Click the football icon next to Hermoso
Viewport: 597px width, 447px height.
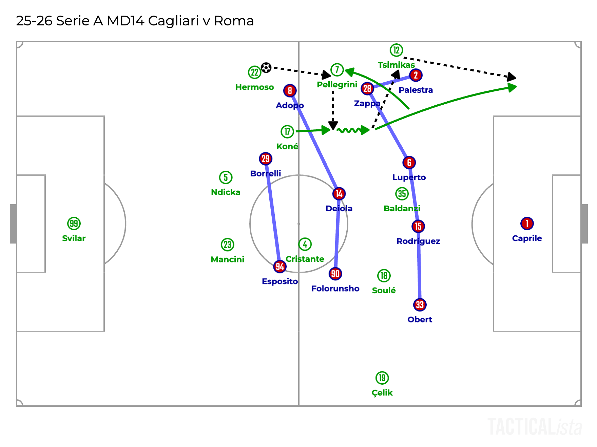pyautogui.click(x=266, y=68)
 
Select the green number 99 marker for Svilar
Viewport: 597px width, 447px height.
pyautogui.click(x=74, y=223)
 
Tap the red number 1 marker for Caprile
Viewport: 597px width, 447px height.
pyautogui.click(x=527, y=223)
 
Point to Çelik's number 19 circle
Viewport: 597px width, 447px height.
pyautogui.click(x=382, y=378)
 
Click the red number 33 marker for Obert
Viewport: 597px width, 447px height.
pyautogui.click(x=420, y=305)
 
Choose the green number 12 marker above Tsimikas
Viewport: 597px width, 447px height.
pyautogui.click(x=396, y=50)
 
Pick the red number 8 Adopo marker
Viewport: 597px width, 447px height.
pyautogui.click(x=290, y=90)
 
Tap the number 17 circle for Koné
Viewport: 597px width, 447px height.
pyautogui.click(x=287, y=131)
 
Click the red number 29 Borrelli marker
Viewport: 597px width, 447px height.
pyautogui.click(x=266, y=158)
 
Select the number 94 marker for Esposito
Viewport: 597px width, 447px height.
pyautogui.click(x=280, y=267)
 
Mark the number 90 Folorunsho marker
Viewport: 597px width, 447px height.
pyautogui.click(x=335, y=274)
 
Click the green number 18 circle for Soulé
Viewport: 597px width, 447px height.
pyautogui.click(x=384, y=276)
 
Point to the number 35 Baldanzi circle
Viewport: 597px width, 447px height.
pyautogui.click(x=402, y=194)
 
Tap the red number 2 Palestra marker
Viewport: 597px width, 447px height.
pyautogui.click(x=416, y=75)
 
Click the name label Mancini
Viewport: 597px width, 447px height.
pyautogui.click(x=227, y=259)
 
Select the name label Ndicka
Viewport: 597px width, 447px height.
pyautogui.click(x=226, y=192)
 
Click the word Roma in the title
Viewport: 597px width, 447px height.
pyautogui.click(x=234, y=21)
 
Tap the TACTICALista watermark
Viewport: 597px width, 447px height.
pyautogui.click(x=535, y=427)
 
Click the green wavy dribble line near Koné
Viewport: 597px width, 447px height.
pyautogui.click(x=349, y=130)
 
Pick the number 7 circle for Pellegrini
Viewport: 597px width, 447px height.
pyautogui.click(x=337, y=70)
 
